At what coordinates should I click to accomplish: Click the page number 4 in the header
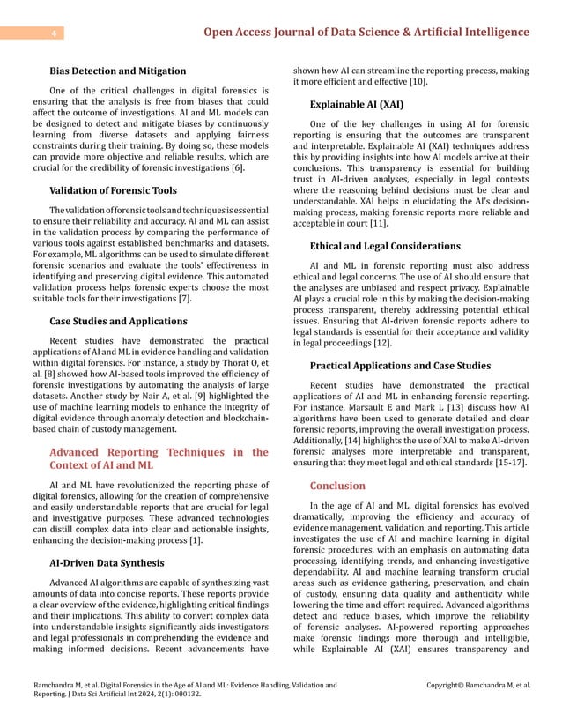[x=55, y=33]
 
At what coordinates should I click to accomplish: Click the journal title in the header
[x=366, y=33]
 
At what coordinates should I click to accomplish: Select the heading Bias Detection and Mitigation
[x=118, y=71]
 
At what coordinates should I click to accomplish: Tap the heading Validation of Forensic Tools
[x=114, y=190]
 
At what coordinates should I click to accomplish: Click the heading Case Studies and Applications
[x=119, y=321]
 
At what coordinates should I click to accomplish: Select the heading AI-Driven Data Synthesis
[x=107, y=562]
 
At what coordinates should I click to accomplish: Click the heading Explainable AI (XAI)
[x=357, y=104]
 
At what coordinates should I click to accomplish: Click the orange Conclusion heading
[x=337, y=486]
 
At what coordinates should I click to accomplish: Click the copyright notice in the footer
[x=477, y=684]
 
